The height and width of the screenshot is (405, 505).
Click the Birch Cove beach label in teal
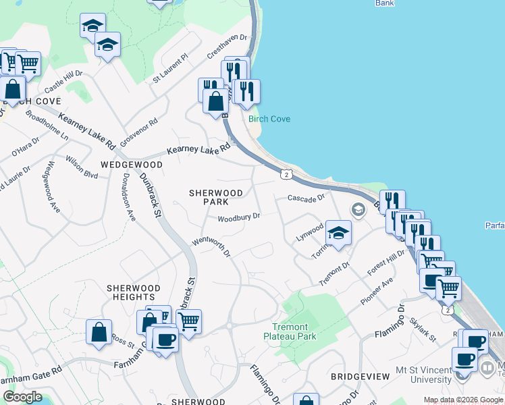269,119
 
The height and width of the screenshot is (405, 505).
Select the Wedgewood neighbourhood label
132,165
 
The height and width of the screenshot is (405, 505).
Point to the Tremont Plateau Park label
290,331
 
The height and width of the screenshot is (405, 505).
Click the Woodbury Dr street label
239,217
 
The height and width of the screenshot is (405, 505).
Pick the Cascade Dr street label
307,198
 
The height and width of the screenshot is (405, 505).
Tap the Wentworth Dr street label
211,246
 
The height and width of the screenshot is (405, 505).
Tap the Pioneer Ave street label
377,291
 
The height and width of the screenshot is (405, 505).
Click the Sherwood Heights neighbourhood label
134,292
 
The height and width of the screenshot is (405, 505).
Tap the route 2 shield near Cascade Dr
288,175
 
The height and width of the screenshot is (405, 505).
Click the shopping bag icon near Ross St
99,332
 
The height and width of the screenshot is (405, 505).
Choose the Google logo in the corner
23,397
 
